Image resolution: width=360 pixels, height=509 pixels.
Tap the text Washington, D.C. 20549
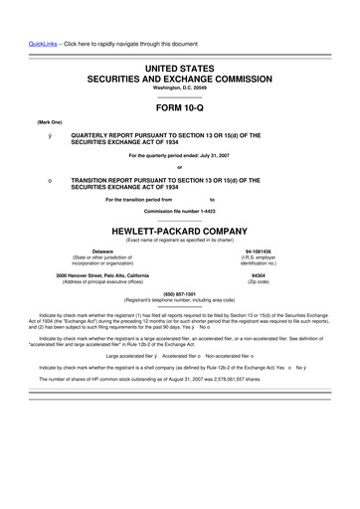tap(179, 87)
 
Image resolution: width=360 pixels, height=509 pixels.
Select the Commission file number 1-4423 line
tap(179, 212)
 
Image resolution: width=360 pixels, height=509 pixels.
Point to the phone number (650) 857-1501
tap(179, 293)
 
